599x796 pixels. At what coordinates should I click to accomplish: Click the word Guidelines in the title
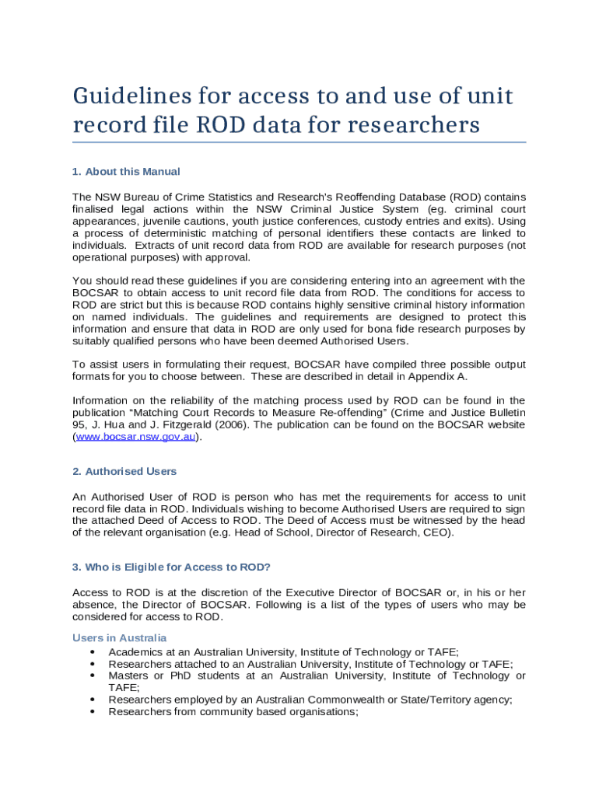click(x=133, y=96)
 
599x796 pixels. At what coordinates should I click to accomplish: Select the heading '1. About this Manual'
click(x=126, y=171)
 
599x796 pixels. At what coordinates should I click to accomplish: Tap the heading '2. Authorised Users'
click(x=124, y=471)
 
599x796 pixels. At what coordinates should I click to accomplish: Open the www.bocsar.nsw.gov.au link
click(x=135, y=437)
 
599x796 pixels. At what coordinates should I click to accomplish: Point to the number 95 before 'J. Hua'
click(x=79, y=424)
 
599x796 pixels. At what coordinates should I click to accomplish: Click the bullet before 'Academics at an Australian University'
click(x=93, y=652)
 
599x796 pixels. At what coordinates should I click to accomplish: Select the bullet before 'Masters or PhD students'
click(x=93, y=676)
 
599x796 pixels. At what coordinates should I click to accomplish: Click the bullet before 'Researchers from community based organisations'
click(x=93, y=711)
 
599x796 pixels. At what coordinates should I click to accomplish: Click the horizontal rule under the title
click(x=299, y=142)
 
